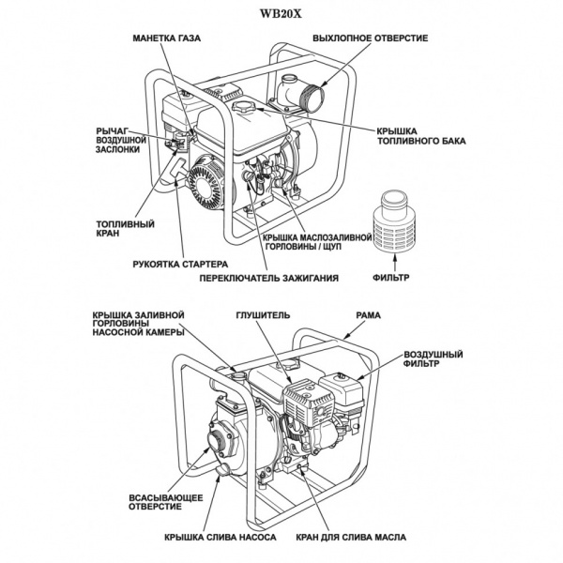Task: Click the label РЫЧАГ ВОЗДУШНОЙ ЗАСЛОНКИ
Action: [x=119, y=141]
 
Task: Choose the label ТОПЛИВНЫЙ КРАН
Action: [x=119, y=230]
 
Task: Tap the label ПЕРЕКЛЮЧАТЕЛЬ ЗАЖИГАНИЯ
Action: [x=267, y=279]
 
